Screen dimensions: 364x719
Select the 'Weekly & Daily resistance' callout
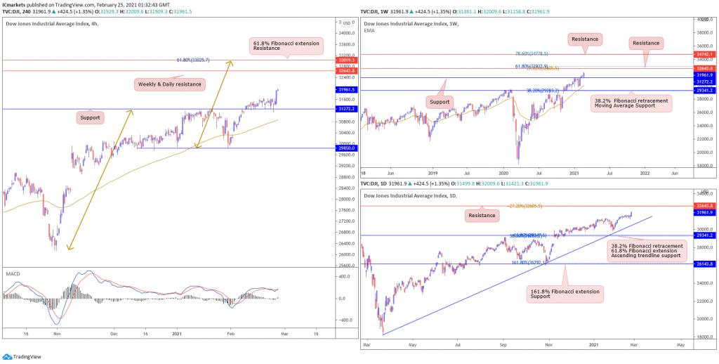(169, 84)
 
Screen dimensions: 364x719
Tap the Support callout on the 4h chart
(91, 117)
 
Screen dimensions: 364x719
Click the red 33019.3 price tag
(348, 60)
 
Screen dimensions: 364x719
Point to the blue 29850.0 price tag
(348, 148)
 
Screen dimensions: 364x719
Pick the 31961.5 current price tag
(348, 90)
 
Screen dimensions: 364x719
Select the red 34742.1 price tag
(705, 54)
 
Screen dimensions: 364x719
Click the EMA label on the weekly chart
(369, 32)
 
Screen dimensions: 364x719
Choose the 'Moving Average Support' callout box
(631, 103)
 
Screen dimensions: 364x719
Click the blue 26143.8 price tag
(705, 264)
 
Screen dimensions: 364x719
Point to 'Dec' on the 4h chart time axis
(114, 334)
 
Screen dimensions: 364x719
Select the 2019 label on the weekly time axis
(434, 172)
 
